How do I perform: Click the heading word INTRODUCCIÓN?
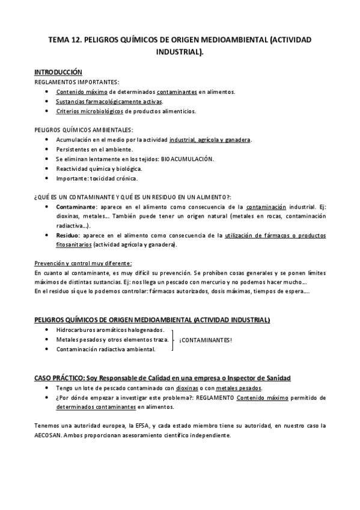click(x=58, y=72)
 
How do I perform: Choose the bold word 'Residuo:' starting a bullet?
click(x=69, y=236)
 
